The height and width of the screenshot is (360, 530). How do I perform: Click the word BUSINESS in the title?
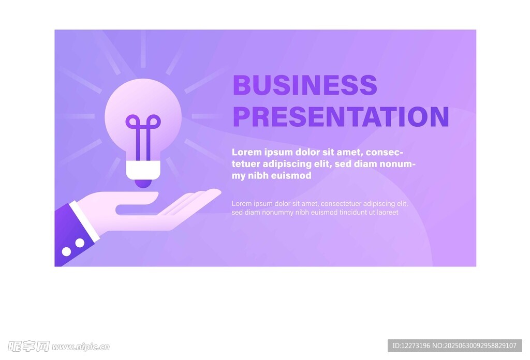coord(305,85)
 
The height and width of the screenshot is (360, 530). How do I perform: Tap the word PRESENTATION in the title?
coord(341,116)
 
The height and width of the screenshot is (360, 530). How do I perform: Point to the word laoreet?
coord(388,213)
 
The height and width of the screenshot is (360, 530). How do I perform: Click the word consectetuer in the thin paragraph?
coord(341,204)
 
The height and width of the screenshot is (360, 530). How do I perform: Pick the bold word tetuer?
coord(246,164)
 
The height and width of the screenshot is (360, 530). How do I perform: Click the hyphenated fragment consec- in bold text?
coord(385,152)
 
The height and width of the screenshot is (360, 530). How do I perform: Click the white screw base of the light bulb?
coord(143,170)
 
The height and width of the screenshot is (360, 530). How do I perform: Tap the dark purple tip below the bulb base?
coord(143,184)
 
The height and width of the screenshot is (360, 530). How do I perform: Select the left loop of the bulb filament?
coord(132,122)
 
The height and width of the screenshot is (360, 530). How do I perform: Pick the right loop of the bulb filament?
coord(154,122)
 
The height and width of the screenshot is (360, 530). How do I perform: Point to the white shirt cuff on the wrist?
coord(84,221)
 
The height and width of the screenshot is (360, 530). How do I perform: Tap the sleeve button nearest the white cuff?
coord(80,243)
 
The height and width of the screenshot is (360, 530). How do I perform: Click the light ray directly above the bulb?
coord(143,49)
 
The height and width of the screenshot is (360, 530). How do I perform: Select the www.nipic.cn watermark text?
coord(81,347)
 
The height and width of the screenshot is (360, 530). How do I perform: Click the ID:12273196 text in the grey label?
coord(410,346)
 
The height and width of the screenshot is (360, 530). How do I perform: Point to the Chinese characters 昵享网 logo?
coord(28,347)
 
